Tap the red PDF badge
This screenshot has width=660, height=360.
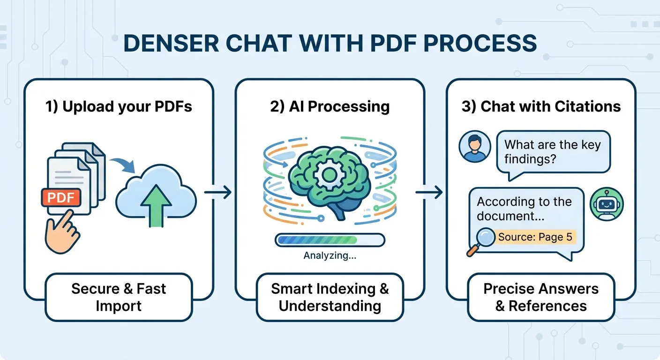point(61,197)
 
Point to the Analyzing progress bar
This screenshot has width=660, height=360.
point(330,240)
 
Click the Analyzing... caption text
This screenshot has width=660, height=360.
point(330,256)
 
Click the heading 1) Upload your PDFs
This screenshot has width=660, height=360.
point(119,106)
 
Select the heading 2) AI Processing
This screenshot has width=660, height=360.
point(330,106)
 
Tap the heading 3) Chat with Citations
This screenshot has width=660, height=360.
point(541,106)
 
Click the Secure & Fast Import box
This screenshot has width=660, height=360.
point(119,297)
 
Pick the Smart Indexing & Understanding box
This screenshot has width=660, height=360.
point(330,297)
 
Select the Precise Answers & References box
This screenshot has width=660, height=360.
point(541,297)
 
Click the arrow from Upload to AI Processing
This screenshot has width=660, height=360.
point(218,192)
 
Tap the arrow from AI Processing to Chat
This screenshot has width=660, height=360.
point(429,192)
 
